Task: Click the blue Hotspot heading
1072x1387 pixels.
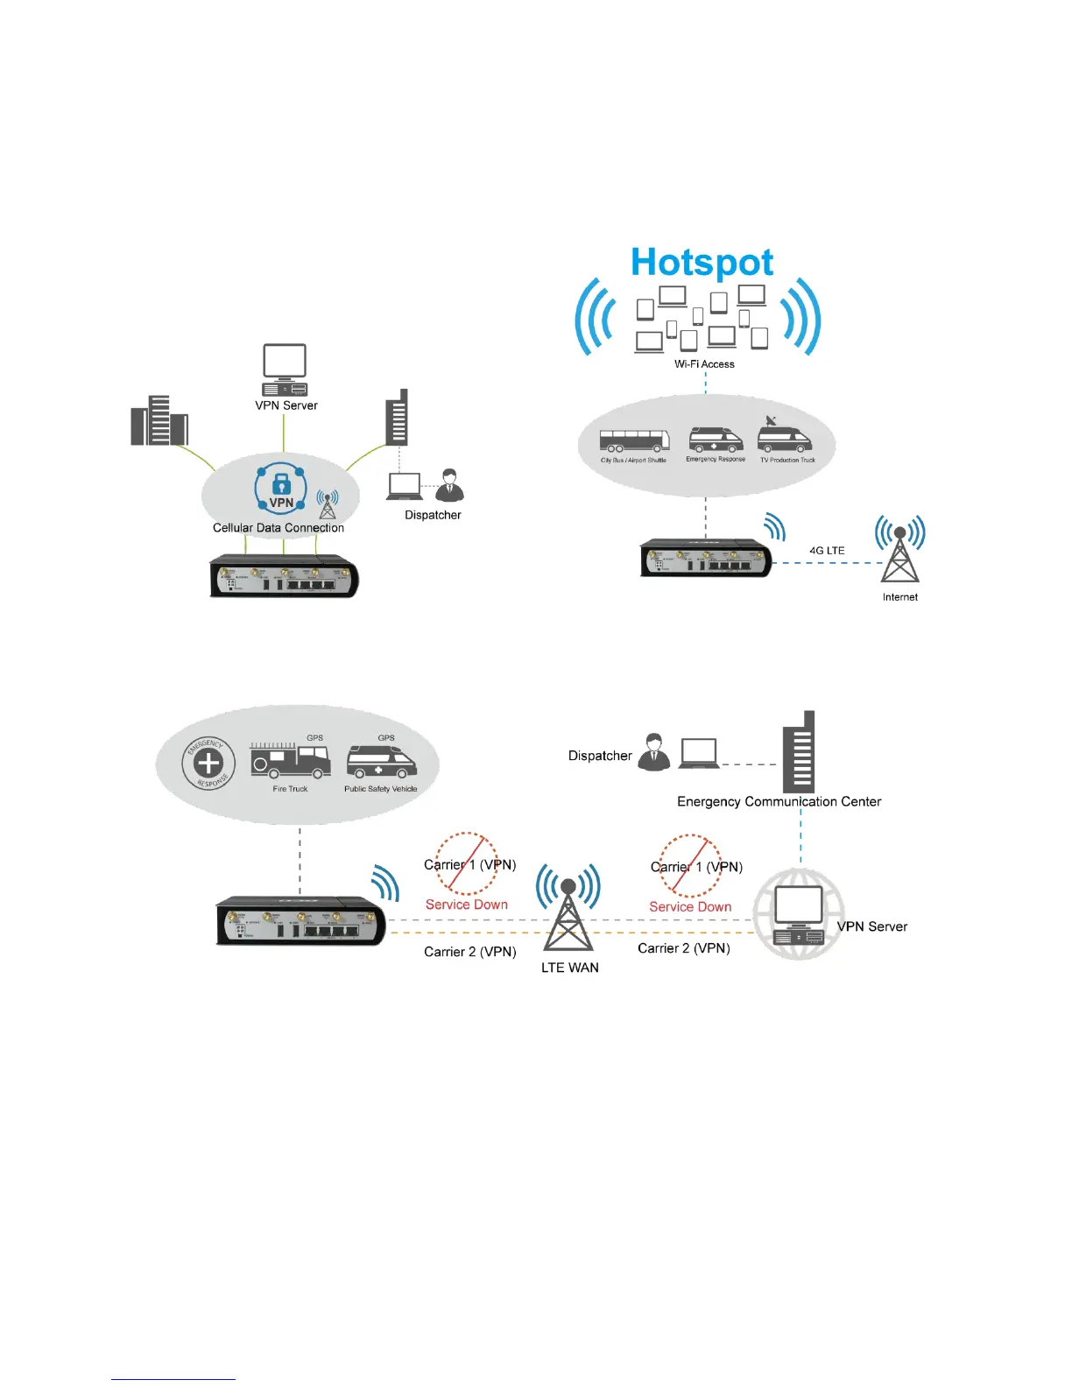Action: pyautogui.click(x=702, y=263)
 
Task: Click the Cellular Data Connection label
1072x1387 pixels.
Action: pyautogui.click(x=279, y=528)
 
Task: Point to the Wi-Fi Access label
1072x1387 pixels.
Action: pyautogui.click(x=704, y=364)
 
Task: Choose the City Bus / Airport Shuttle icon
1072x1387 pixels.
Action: pyautogui.click(x=634, y=441)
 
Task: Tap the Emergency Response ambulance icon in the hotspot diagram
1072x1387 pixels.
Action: pyautogui.click(x=715, y=439)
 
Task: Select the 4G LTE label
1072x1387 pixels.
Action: pyautogui.click(x=827, y=551)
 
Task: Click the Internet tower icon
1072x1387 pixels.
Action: pyautogui.click(x=899, y=552)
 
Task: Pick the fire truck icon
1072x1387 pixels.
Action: pyautogui.click(x=290, y=760)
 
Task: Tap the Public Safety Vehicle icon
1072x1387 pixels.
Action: pyautogui.click(x=381, y=762)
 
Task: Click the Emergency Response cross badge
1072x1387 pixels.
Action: pyautogui.click(x=208, y=763)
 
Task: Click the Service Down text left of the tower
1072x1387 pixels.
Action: pyautogui.click(x=467, y=905)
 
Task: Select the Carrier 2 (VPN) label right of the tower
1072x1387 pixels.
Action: pyautogui.click(x=683, y=948)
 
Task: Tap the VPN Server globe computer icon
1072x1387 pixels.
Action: pyautogui.click(x=798, y=914)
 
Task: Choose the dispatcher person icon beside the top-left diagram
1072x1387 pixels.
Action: pyautogui.click(x=449, y=484)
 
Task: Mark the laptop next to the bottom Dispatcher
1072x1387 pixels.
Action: pyautogui.click(x=699, y=753)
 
